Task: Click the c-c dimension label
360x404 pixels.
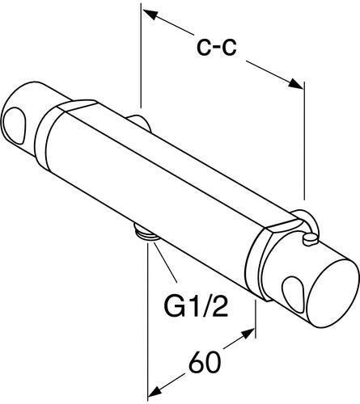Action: (216, 48)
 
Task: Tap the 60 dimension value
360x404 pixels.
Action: (205, 361)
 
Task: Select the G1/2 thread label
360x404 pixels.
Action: (196, 306)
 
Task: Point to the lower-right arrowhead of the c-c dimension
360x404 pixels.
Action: (295, 83)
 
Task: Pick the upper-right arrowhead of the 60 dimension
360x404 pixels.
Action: (248, 334)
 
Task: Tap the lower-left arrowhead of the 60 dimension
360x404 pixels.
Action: (155, 391)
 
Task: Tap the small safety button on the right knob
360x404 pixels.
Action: (310, 240)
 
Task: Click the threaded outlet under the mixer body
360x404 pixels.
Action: (146, 231)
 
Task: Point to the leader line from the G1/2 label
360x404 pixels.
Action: (166, 261)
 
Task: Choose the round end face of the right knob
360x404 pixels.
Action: (337, 293)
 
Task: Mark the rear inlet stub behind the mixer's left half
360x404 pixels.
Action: (140, 123)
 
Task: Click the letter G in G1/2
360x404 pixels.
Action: (174, 306)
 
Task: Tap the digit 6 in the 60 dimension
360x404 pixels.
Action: (197, 361)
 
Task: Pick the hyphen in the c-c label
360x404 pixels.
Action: (216, 48)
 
